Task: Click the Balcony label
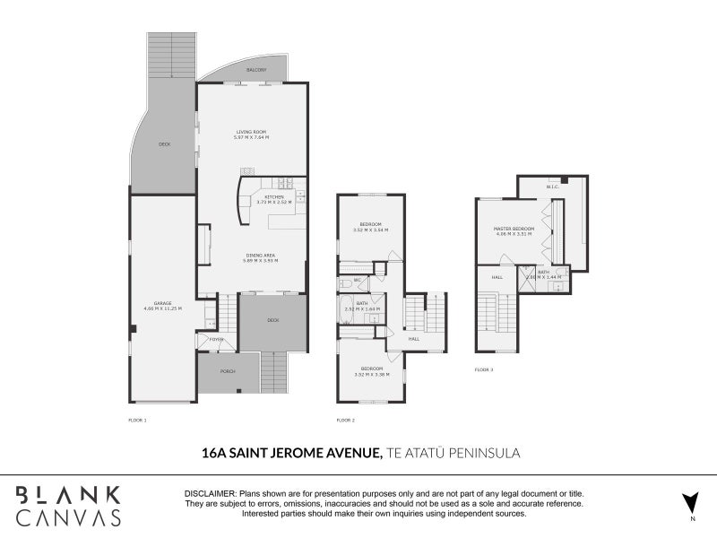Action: tap(256, 70)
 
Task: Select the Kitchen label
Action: tap(274, 196)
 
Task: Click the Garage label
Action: tap(162, 303)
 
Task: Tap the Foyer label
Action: tap(216, 340)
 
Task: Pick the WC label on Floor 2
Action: tap(357, 281)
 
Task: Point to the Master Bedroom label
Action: tap(514, 229)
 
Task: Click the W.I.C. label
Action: tap(552, 187)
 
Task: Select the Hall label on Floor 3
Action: tap(497, 277)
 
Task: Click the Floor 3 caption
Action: tap(485, 369)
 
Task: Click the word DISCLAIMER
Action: tap(210, 494)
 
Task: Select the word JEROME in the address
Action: tap(304, 455)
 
